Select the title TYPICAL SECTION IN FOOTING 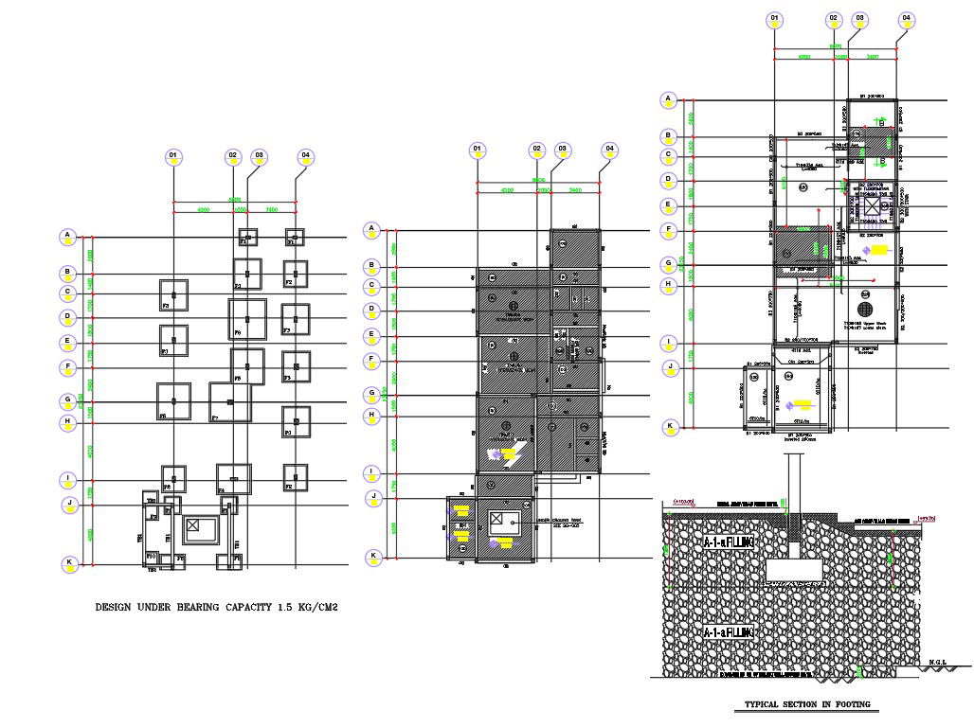click(x=806, y=704)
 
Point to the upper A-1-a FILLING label click(x=728, y=542)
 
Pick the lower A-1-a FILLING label click(x=728, y=631)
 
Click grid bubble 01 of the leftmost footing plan click(x=172, y=156)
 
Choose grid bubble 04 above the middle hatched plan click(x=610, y=150)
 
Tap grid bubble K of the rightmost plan click(x=669, y=427)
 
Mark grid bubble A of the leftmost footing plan click(x=67, y=236)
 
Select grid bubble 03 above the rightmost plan click(x=860, y=18)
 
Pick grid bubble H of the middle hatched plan click(x=374, y=415)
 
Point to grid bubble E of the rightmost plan click(x=669, y=205)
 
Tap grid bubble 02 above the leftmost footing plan click(x=232, y=156)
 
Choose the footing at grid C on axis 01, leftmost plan click(x=173, y=294)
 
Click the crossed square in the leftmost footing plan click(x=194, y=525)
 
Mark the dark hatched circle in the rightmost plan click(x=863, y=309)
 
